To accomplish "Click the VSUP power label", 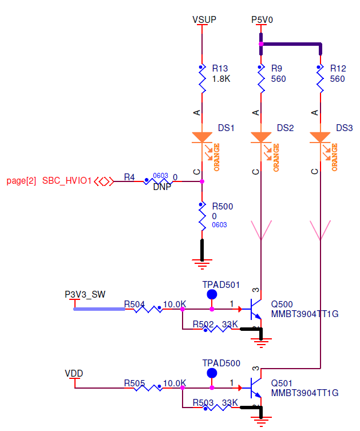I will (204, 19).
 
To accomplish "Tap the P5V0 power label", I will (262, 19).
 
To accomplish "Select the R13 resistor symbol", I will (202, 80).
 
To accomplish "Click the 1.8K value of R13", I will (221, 79).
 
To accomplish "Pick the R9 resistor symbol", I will (261, 80).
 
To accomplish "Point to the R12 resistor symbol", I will (320, 80).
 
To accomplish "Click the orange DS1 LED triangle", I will (202, 137).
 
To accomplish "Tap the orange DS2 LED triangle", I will (261, 137).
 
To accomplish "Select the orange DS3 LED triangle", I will (320, 137).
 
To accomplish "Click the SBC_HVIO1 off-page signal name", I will (67, 181).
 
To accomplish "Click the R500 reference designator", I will (223, 206).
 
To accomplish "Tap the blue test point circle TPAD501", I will (212, 295).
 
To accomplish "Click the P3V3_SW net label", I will (85, 294).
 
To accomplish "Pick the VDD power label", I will (74, 373).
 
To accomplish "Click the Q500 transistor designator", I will (282, 304).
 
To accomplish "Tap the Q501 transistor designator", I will (282, 383).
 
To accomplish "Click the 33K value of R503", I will (230, 404).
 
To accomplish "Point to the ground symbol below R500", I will (201, 263).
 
